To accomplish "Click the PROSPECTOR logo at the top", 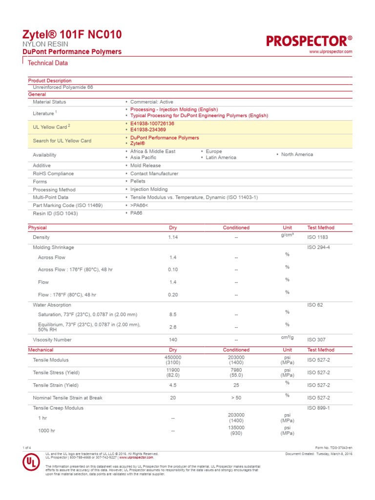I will tap(309, 41).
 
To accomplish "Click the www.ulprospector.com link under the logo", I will tap(331, 52).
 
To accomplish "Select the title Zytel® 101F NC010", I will tap(72, 34).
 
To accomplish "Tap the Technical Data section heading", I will tap(48, 63).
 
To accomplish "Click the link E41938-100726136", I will tap(152, 124).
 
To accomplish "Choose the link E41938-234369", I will tap(148, 130).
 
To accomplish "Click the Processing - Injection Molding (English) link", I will tap(174, 109).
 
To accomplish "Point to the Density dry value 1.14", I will tap(173, 237).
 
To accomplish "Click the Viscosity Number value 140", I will tap(173, 339).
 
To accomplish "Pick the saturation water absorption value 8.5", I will tap(173, 314).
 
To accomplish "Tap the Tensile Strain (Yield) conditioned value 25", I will tap(236, 385).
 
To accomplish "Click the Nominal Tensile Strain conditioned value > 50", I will tap(236, 398).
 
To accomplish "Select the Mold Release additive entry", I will tap(146, 166).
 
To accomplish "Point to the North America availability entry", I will tap(297, 154).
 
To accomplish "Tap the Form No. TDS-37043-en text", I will tap(334, 448).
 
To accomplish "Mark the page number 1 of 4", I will tap(27, 448).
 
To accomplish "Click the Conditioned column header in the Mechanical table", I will tap(236, 350).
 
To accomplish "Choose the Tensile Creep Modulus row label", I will tap(58, 408).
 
